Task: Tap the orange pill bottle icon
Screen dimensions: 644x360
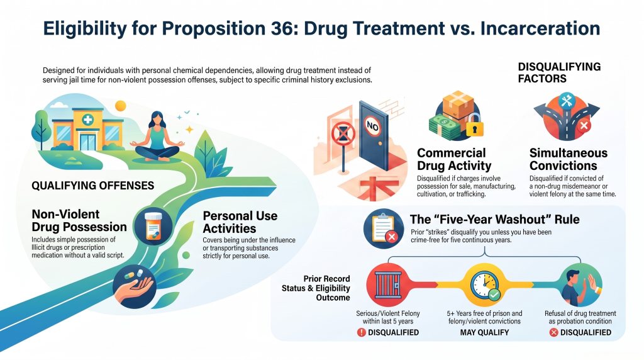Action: pos(153,227)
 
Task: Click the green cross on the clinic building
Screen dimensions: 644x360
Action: pos(87,120)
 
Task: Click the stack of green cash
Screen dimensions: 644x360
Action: pos(445,127)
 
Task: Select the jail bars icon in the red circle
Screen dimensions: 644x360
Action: pos(387,285)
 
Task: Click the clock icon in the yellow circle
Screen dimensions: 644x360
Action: pos(484,284)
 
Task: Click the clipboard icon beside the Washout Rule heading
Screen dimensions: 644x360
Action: pos(383,227)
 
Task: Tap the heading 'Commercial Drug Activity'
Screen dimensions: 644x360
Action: pos(454,159)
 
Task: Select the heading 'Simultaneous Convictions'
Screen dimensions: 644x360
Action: pos(568,159)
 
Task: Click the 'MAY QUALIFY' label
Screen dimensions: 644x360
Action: pos(484,332)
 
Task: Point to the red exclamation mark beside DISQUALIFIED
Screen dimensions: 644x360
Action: pos(361,332)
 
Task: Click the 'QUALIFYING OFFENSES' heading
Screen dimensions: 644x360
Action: pos(93,186)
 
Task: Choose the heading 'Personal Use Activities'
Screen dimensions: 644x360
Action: pos(240,222)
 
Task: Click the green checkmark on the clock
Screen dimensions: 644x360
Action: pos(494,295)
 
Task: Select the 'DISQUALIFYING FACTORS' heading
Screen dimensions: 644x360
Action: pos(559,72)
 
